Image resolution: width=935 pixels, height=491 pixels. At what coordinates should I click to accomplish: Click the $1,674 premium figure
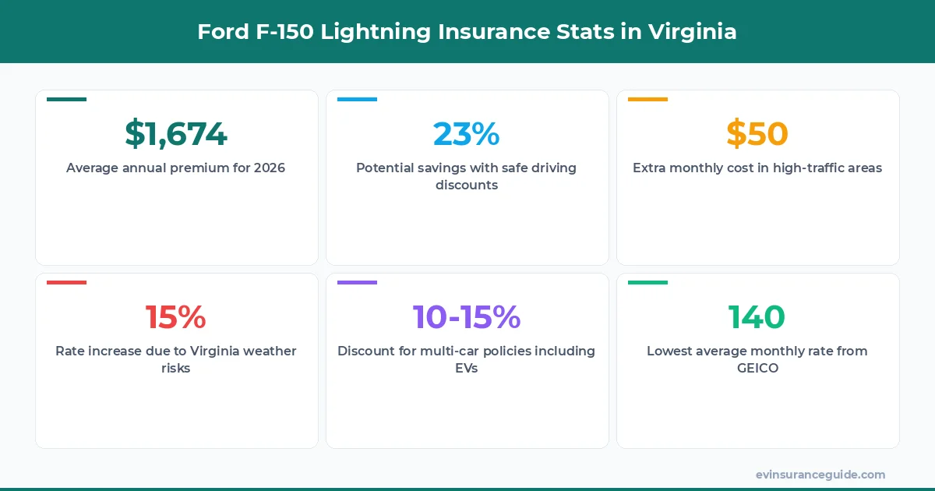pyautogui.click(x=176, y=134)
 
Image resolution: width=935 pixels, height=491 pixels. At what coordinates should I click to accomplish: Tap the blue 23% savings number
pyautogui.click(x=466, y=134)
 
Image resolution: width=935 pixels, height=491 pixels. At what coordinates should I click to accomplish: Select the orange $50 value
pyautogui.click(x=757, y=134)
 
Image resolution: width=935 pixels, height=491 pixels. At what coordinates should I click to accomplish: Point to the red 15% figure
pyautogui.click(x=176, y=317)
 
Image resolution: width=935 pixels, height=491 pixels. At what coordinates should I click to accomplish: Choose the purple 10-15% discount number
pyautogui.click(x=466, y=317)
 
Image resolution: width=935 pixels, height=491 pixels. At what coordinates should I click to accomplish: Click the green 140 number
pyautogui.click(x=757, y=317)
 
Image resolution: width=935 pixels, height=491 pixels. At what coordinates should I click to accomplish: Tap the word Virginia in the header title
pyautogui.click(x=692, y=32)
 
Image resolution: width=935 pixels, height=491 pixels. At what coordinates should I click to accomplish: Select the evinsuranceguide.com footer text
pyautogui.click(x=820, y=475)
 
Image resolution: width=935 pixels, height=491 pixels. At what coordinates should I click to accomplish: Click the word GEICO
pyautogui.click(x=757, y=368)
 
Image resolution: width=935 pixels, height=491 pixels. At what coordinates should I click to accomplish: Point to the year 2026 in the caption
pyautogui.click(x=270, y=168)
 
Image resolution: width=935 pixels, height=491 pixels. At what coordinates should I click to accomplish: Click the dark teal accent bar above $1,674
pyautogui.click(x=66, y=100)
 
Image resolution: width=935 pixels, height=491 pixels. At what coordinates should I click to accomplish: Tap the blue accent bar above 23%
pyautogui.click(x=357, y=100)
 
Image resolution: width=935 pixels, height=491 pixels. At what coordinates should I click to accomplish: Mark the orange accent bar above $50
pyautogui.click(x=647, y=100)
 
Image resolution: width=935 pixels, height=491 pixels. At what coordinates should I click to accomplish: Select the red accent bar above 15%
pyautogui.click(x=66, y=283)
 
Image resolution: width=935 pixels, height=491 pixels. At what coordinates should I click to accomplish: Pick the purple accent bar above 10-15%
pyautogui.click(x=357, y=283)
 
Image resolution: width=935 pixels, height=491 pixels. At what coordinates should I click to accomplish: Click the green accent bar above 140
pyautogui.click(x=647, y=283)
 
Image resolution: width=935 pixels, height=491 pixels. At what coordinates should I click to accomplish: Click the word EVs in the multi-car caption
pyautogui.click(x=466, y=368)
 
